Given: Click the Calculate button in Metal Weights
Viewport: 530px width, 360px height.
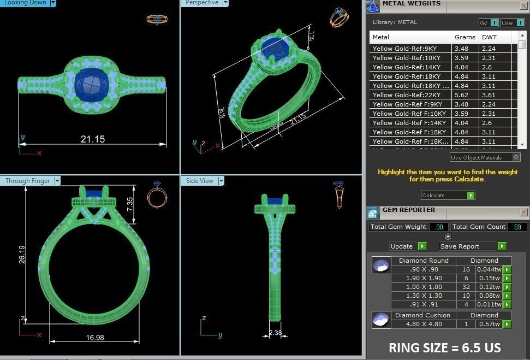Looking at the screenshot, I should [448, 196].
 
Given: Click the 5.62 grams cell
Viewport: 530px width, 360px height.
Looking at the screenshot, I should [461, 95].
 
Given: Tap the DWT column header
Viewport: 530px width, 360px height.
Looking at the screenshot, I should [488, 37].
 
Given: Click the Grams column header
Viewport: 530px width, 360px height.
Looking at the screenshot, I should [465, 37].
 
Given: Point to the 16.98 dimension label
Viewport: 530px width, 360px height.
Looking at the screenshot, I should [96, 338].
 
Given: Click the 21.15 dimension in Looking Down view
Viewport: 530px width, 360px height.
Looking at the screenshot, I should [93, 139].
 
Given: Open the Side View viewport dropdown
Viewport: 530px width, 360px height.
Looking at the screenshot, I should [221, 181].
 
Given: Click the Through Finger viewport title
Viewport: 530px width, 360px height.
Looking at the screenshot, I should [27, 181].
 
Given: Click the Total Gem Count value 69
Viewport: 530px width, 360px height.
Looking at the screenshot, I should [517, 227].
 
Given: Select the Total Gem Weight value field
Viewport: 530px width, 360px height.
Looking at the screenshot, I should [439, 227].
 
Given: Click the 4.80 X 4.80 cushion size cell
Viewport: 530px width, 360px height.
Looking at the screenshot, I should [423, 324].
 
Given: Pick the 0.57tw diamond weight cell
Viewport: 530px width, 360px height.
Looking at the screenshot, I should [488, 324].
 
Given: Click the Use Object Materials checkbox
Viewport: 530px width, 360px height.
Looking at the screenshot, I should [516, 157].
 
